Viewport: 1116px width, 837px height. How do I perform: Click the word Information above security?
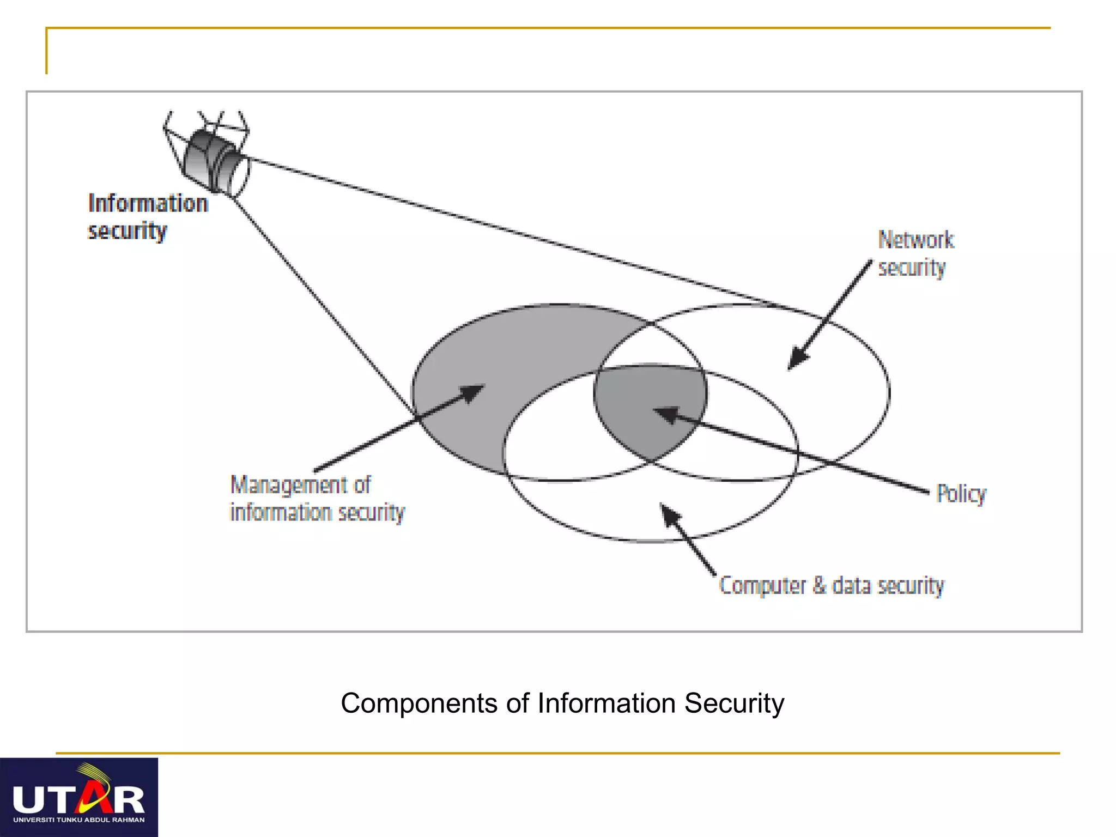pos(148,203)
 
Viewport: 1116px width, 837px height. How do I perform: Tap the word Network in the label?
pos(915,240)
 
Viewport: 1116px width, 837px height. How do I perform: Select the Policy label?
pos(961,494)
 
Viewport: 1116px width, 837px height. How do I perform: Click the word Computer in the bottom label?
pos(762,585)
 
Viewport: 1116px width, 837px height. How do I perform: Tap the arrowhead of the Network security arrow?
pos(797,360)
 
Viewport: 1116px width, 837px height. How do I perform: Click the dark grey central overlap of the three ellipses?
pos(648,409)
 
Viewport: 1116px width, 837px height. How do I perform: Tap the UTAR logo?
pos(78,797)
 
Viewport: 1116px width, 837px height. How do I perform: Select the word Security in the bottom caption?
pos(733,703)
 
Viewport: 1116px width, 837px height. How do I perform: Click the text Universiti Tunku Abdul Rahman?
pos(78,820)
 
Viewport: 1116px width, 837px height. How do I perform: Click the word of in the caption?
pos(517,703)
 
